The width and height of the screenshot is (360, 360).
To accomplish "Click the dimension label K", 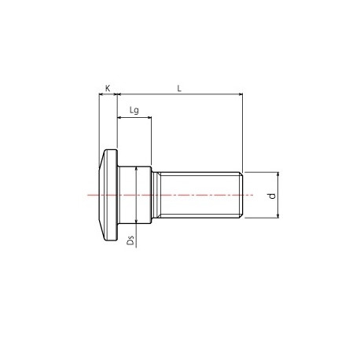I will pyautogui.click(x=108, y=90).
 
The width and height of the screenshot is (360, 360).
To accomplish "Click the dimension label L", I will pyautogui.click(x=179, y=90).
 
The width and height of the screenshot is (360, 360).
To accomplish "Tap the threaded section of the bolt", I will pyautogui.click(x=200, y=194).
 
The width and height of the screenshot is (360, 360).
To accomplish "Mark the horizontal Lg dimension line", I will pyautogui.click(x=134, y=119).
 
